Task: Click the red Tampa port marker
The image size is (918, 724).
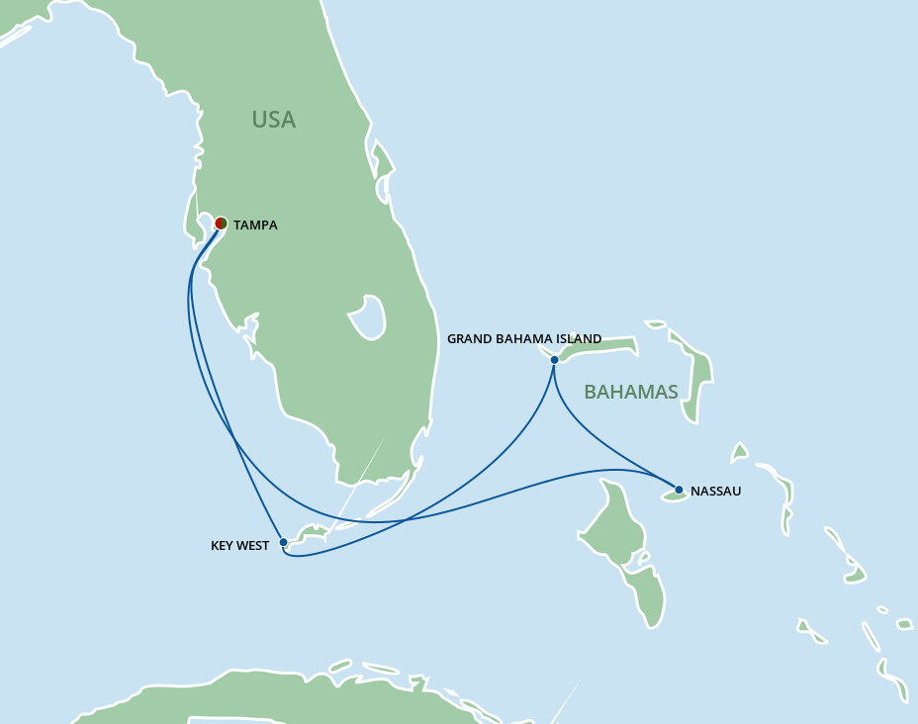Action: point(221,224)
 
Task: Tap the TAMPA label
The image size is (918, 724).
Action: point(255,226)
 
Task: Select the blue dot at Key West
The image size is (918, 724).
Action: point(283,542)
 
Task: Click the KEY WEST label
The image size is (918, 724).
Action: point(239,545)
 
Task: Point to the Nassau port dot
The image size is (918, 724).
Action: point(679,489)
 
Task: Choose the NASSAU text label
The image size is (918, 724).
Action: point(715,491)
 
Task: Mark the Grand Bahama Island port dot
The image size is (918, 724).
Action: point(555,360)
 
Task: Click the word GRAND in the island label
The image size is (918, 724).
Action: point(468,339)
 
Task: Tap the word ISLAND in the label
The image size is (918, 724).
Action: point(578,339)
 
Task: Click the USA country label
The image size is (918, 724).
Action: point(273,120)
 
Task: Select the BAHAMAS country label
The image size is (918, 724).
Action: point(631,393)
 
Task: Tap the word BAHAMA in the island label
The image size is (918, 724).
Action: point(521,339)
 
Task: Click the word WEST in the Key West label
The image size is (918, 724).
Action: point(253,545)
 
